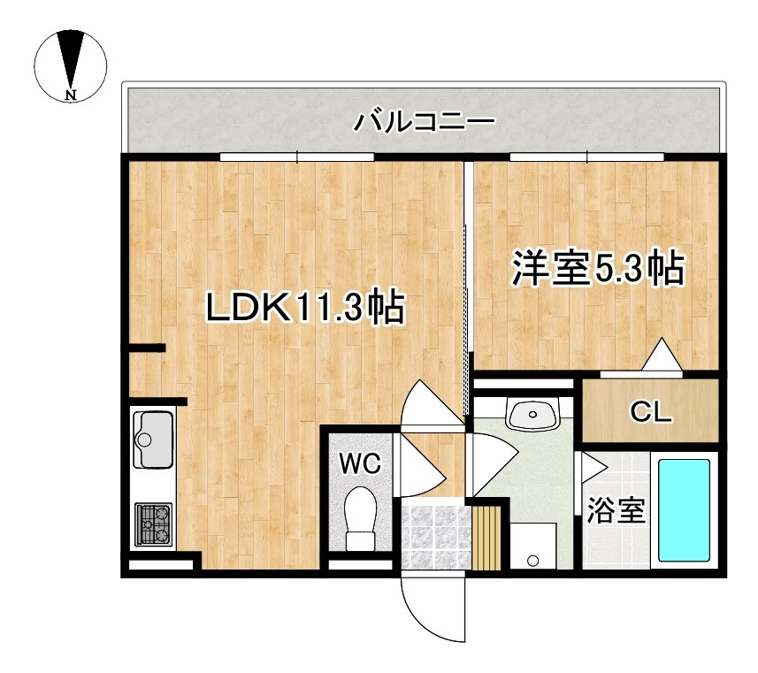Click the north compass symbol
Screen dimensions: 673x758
pos(71,64)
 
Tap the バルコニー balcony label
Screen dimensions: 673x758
pos(424,121)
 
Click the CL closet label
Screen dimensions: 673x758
pos(651,410)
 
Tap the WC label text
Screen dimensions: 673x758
pos(360,461)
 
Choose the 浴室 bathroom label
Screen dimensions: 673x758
pos(616,511)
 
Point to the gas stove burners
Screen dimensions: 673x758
pos(155,524)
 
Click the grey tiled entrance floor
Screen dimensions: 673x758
pos(434,535)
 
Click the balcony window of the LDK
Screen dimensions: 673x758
pos(297,157)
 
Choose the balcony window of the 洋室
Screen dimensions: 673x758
pos(587,157)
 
